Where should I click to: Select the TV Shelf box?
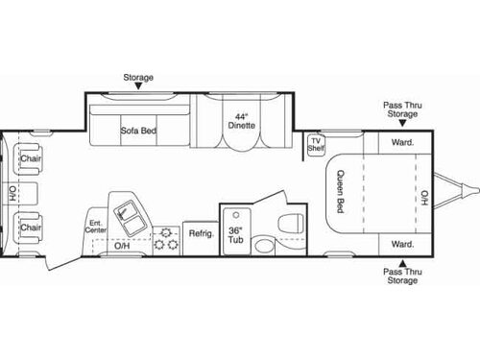click(x=316, y=145)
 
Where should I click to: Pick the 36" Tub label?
click(x=235, y=236)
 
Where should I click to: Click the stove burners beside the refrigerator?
click(x=166, y=237)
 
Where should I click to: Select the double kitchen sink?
click(x=126, y=214)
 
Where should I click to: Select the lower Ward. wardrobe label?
click(x=401, y=245)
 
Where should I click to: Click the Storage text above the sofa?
click(x=137, y=76)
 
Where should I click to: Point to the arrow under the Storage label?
click(x=137, y=86)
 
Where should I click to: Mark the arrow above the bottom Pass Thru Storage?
click(x=401, y=263)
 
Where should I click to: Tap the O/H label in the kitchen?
click(x=122, y=246)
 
